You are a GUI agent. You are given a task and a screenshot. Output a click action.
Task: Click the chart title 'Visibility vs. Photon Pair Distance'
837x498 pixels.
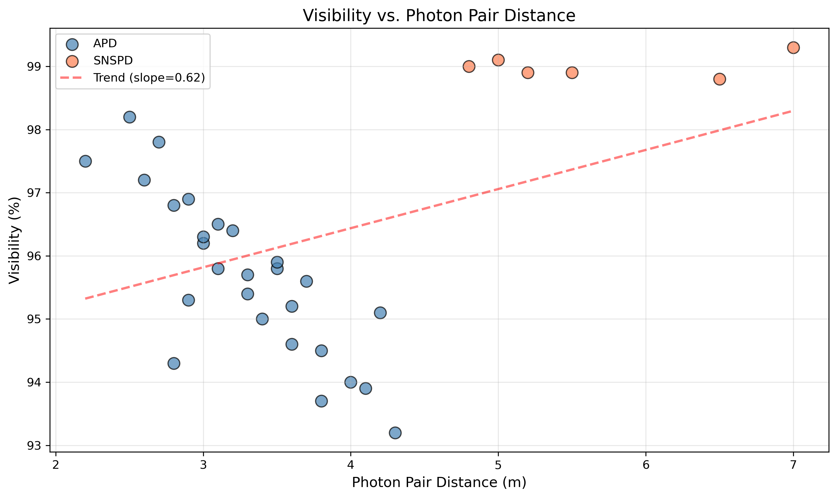(439, 15)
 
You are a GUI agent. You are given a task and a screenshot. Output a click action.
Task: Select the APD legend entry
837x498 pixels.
(105, 44)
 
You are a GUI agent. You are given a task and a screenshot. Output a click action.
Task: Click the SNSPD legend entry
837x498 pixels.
(113, 61)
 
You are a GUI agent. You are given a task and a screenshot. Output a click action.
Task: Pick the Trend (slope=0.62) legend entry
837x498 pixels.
(149, 78)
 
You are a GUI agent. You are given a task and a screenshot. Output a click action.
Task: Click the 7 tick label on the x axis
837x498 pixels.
(793, 465)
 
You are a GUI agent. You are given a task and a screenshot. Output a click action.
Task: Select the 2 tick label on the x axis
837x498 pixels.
(56, 465)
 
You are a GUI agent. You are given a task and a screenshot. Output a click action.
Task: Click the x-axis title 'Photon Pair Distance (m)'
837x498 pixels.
(439, 483)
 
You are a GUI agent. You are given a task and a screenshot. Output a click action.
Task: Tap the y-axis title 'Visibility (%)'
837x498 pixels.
(14, 240)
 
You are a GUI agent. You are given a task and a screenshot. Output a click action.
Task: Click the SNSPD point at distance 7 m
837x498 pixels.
(793, 48)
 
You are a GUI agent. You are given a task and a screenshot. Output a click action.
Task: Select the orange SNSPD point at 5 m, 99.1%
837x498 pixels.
(498, 60)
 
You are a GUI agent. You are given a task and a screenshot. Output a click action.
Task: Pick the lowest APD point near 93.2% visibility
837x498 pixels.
(395, 433)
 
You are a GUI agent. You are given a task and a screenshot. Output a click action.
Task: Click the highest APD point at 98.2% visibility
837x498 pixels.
(129, 117)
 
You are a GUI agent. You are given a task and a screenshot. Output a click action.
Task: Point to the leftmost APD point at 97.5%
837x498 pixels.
(85, 161)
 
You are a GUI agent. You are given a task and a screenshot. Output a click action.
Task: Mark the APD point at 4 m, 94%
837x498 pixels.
(350, 382)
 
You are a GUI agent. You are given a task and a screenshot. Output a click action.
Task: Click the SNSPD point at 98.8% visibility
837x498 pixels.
(719, 79)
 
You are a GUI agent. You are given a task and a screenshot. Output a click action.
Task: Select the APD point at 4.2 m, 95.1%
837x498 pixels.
(380, 313)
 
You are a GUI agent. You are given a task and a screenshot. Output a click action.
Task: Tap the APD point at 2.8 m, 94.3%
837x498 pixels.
(174, 363)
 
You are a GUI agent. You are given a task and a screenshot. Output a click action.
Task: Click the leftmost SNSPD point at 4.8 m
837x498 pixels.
(469, 66)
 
